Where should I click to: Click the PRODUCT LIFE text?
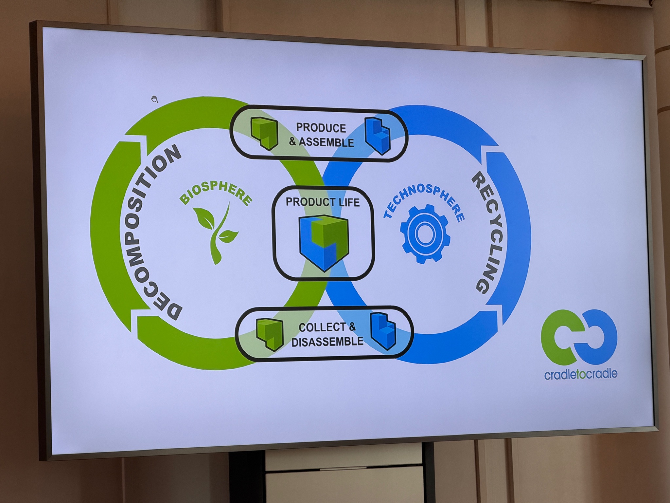tap(323, 202)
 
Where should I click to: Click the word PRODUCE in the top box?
tap(321, 128)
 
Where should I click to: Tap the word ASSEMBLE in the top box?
tap(326, 142)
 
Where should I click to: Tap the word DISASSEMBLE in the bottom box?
tap(327, 342)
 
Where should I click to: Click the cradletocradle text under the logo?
tap(581, 374)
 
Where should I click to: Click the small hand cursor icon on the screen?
tap(154, 99)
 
